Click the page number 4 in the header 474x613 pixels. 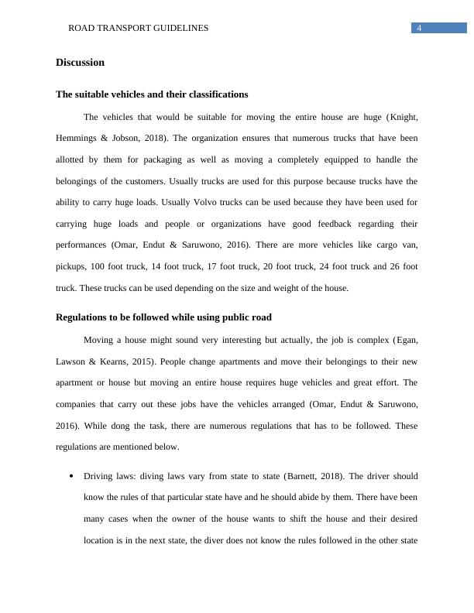pyautogui.click(x=419, y=28)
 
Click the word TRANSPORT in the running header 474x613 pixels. pyautogui.click(x=128, y=28)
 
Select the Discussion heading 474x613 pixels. pyautogui.click(x=80, y=62)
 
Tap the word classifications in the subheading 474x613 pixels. pyautogui.click(x=215, y=94)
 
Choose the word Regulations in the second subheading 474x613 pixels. pyautogui.click(x=84, y=317)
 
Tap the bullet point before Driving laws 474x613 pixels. pyautogui.click(x=71, y=476)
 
